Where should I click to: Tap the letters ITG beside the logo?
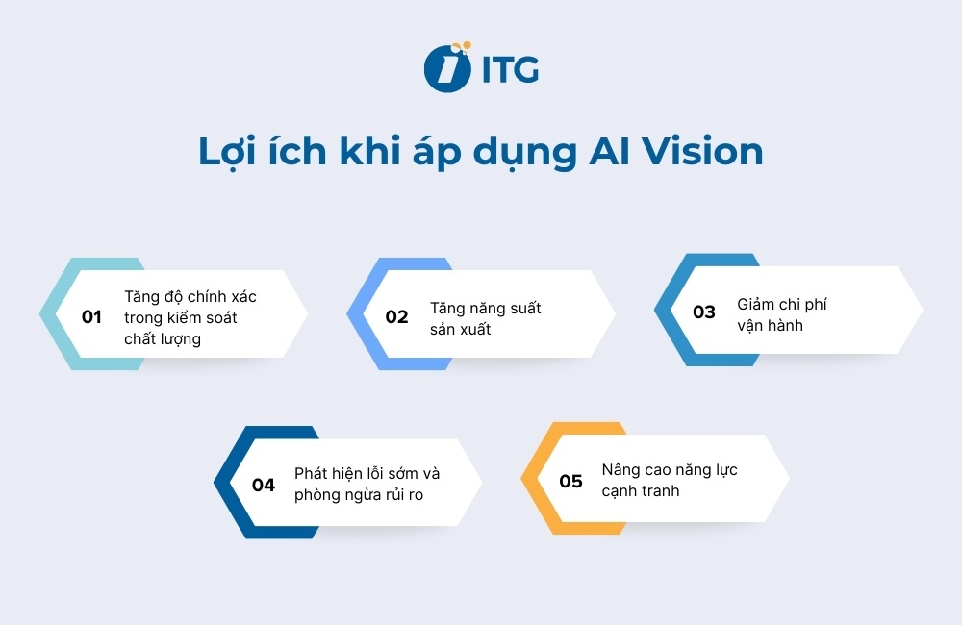point(505,69)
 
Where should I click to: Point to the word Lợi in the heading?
point(228,154)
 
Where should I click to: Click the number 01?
point(91,316)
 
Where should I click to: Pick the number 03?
point(704,312)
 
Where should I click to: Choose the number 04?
point(264,485)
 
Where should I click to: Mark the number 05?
point(571,481)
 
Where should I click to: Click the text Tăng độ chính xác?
point(190,296)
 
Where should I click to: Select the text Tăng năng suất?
point(486,308)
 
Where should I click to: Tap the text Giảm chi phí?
point(782,304)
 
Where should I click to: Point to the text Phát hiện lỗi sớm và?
point(367,474)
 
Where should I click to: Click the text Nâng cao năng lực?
point(670,470)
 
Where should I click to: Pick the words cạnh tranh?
point(641,491)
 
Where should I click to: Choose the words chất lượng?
point(163,338)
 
